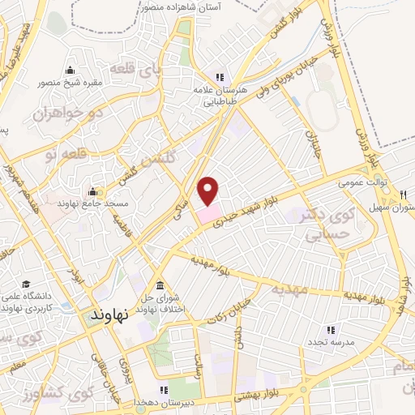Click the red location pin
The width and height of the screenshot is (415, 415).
[x=209, y=190]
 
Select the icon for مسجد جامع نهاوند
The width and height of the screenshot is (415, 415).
[x=93, y=192]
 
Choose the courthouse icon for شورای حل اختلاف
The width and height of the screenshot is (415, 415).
[x=160, y=285]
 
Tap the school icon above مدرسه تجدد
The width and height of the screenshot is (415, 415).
[x=330, y=329]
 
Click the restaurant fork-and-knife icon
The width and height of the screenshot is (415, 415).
[x=403, y=195]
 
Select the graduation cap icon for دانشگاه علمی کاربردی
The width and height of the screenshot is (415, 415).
[x=26, y=285]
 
